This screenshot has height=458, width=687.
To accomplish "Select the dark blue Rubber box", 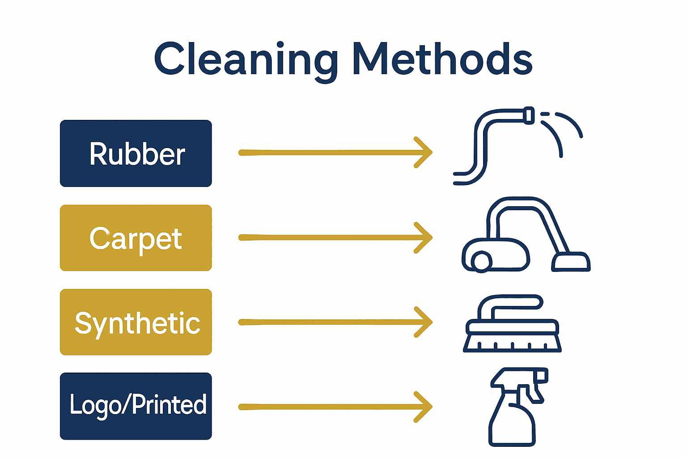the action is point(136,153).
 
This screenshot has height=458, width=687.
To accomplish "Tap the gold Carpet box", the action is point(136,238).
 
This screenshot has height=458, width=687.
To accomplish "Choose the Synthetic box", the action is point(136,322).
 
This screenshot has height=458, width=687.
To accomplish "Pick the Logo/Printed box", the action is point(136,406).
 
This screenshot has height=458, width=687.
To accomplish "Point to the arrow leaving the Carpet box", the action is point(331,237).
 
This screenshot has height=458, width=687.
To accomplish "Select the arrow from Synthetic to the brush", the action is point(331,322).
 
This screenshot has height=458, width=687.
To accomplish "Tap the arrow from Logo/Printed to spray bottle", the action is point(331,407).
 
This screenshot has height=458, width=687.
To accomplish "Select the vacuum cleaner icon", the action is point(523,237).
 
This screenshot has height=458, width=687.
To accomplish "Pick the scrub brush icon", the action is point(512,324).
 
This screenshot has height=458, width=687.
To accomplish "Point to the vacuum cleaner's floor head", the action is point(571,263).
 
